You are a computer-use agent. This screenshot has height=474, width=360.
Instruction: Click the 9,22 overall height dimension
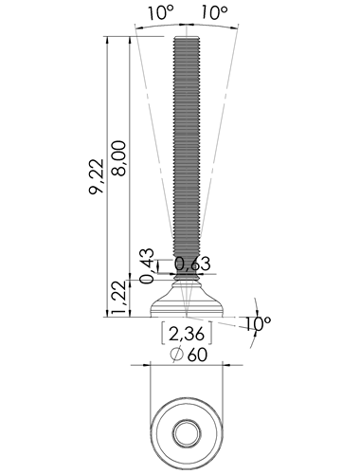pyautogui.click(x=97, y=176)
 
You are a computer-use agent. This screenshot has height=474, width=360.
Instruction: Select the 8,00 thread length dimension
pyautogui.click(x=118, y=158)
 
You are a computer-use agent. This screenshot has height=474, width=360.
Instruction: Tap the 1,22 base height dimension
pyautogui.click(x=121, y=298)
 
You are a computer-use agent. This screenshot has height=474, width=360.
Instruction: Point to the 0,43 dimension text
pyautogui.click(x=147, y=266)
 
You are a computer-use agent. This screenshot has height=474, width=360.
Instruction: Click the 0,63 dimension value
pyautogui.click(x=192, y=264)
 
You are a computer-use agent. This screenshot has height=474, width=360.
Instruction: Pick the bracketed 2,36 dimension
pyautogui.click(x=187, y=334)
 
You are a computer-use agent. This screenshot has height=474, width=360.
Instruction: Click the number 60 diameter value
pyautogui.click(x=197, y=355)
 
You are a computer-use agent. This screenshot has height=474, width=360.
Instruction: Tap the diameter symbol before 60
pyautogui.click(x=177, y=355)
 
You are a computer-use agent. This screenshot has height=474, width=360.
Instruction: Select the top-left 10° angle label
pyautogui.click(x=161, y=13)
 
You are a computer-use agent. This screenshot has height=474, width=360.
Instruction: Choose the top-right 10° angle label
pyautogui.click(x=214, y=13)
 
